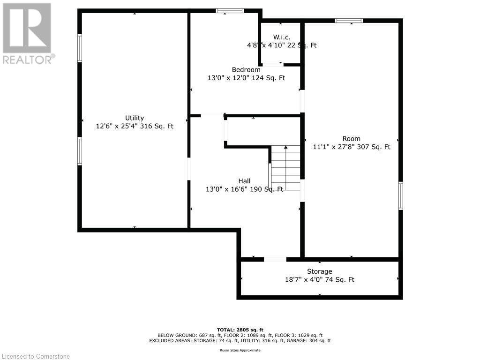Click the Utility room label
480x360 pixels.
[x=135, y=118]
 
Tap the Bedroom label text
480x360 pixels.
[x=246, y=70]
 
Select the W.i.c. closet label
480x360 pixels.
[x=282, y=37]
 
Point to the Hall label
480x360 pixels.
[x=244, y=181]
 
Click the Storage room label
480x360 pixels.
[x=320, y=271]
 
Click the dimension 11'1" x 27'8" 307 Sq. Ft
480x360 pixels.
[x=352, y=147]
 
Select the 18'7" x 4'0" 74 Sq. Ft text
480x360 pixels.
[x=320, y=280]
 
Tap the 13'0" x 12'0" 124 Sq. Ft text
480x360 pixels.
[x=246, y=78]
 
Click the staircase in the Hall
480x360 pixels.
[x=285, y=167]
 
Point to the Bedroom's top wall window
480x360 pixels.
[x=230, y=11]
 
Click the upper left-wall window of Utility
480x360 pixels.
[x=80, y=48]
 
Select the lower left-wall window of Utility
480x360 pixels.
[x=80, y=151]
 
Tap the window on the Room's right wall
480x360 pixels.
[x=401, y=195]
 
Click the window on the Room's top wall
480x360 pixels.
[x=349, y=21]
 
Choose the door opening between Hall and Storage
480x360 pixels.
[x=275, y=259]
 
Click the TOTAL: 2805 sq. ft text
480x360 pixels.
[x=240, y=330]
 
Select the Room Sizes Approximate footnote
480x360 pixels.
[x=240, y=350]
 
